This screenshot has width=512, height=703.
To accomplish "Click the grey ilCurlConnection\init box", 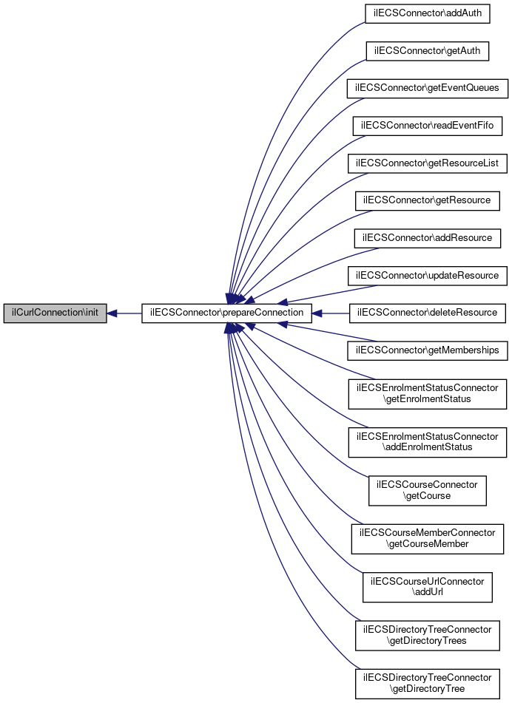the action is (x=55, y=313).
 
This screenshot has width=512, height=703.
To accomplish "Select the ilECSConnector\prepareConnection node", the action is (x=226, y=313).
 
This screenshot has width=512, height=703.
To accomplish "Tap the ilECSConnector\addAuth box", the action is (x=427, y=13).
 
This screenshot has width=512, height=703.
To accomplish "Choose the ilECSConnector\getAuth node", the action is (x=427, y=51).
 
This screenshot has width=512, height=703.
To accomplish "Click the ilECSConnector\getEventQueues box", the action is (x=427, y=88).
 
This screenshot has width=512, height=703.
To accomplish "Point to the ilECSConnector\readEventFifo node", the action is (x=427, y=126).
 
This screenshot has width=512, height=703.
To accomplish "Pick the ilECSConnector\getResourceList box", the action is (x=427, y=163).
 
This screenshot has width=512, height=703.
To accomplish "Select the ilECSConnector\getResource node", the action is (x=427, y=201).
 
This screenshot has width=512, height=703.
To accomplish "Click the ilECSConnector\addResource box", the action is (x=427, y=238).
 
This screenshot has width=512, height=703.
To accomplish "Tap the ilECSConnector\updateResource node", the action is (x=427, y=276).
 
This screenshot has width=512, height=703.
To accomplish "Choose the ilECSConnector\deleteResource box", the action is (x=427, y=313).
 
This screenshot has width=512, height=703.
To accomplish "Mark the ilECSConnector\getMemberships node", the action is (x=427, y=350).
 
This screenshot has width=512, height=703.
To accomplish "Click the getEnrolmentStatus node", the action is (x=427, y=394).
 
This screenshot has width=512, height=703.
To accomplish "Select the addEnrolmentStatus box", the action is (x=427, y=443).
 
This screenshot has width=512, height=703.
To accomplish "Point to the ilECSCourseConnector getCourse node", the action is (x=427, y=491).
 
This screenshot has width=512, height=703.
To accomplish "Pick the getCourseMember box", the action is (x=427, y=539).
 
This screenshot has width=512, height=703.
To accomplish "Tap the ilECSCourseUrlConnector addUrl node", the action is (x=427, y=588).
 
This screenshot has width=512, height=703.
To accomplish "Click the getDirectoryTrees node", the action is (x=427, y=636).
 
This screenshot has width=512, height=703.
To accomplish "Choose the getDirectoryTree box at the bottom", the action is (x=427, y=684).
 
